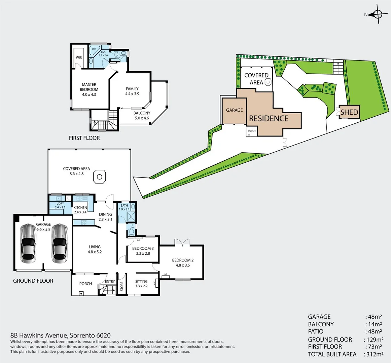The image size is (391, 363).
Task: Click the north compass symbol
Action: [x=378, y=14]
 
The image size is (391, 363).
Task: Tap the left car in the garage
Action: [x=28, y=243]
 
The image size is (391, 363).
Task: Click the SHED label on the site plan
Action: [x=349, y=112]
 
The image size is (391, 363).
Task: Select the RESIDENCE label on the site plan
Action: [x=269, y=119]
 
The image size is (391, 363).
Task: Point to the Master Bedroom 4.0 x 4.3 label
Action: [x=89, y=89]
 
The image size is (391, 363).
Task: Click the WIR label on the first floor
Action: [x=79, y=57]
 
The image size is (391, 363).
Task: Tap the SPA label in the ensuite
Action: [x=94, y=49]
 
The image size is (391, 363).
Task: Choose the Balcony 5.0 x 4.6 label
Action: [x=142, y=116]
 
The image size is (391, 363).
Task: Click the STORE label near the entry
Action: [x=122, y=286]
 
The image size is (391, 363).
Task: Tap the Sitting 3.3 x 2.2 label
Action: [x=141, y=284]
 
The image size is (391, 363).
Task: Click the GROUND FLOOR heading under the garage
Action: [x=33, y=281]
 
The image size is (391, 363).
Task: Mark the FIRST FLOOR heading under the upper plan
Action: [x=84, y=138]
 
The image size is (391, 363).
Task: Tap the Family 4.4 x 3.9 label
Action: [x=132, y=91]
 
